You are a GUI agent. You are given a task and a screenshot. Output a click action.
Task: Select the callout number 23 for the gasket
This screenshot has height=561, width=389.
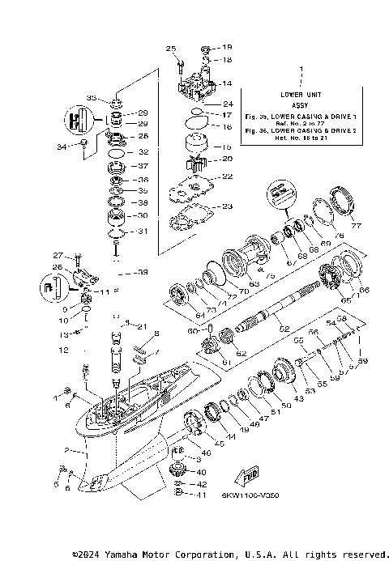pyautogui.click(x=227, y=206)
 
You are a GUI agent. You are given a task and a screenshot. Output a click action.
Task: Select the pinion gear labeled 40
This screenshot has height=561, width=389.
pyautogui.click(x=177, y=470)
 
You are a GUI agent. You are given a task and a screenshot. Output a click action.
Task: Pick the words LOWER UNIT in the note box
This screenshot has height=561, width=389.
pyautogui.click(x=300, y=94)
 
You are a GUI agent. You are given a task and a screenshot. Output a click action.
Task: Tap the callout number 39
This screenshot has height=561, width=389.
pyautogui.click(x=141, y=271)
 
